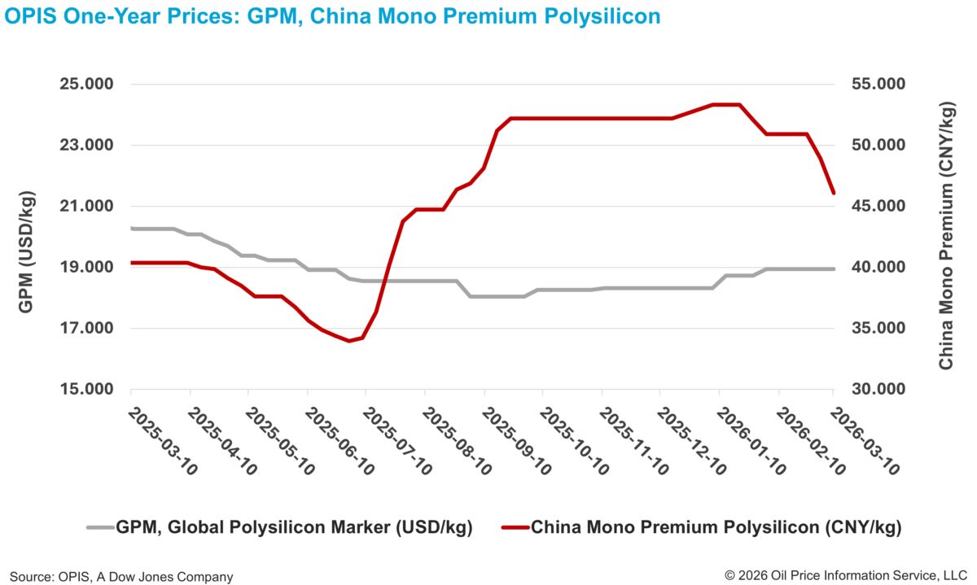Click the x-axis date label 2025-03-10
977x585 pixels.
coord(164,440)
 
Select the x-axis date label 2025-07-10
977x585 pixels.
coord(399,440)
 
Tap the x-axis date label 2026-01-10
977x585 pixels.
coord(752,440)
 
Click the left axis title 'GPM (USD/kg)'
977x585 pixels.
coord(25,237)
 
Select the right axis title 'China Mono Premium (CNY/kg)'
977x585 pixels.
coord(946,236)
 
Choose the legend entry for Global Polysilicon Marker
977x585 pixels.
coord(294,527)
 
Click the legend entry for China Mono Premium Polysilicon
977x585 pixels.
coord(716,527)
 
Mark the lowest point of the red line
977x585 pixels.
coord(349,341)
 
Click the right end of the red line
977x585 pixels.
coord(833,193)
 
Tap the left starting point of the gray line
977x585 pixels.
coord(132,229)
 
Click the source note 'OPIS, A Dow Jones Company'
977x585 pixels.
coord(121,576)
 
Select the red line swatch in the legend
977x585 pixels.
coord(514,527)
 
